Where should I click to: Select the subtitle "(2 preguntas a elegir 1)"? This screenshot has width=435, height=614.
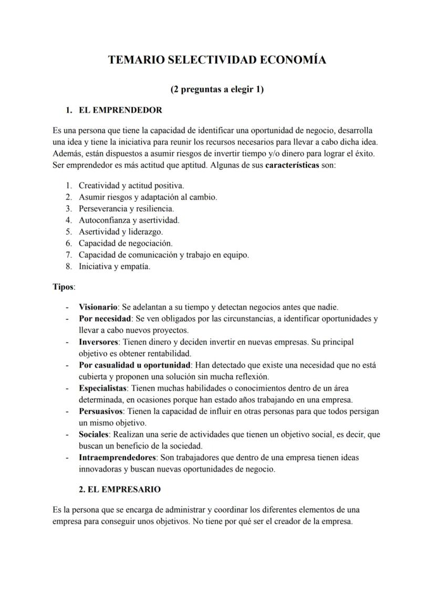coord(217,89)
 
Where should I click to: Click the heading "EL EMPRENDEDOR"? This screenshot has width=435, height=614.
coord(120,110)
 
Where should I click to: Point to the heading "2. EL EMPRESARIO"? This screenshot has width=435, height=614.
coord(120,489)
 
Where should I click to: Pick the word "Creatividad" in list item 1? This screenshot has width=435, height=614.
coord(98,185)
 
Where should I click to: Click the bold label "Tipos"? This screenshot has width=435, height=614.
coord(63,287)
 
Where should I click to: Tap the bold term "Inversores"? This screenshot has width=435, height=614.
coord(98,342)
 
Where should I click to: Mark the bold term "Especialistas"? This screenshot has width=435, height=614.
coord(103,388)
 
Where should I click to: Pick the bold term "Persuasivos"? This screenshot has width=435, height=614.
coord(101,411)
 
